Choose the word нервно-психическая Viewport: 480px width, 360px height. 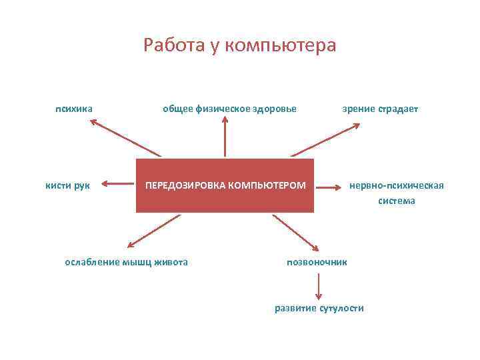tap(397, 185)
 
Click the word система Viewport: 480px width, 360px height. tap(397, 200)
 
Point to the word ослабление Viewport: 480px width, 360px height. tap(91, 262)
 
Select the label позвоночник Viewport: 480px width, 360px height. tap(317, 262)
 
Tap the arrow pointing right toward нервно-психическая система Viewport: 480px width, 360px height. tap(328, 188)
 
